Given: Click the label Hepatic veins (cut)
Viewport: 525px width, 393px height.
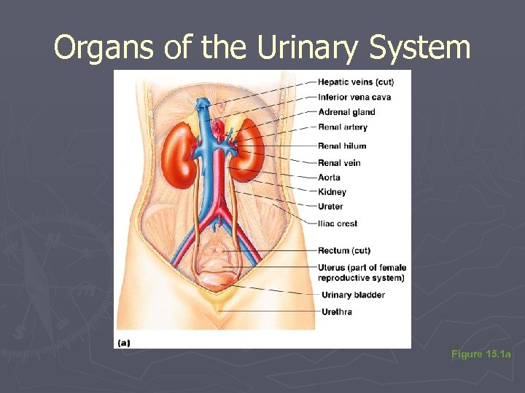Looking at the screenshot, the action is pos(356,81).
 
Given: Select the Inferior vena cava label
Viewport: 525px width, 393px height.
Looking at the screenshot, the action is pos(354,97).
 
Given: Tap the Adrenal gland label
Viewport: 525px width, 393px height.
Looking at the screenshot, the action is pos(346,112).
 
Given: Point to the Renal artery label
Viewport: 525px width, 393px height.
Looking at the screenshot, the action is pos(343,127).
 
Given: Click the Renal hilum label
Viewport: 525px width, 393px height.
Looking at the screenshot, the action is pos(342,146).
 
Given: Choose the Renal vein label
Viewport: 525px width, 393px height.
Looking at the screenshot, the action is pos(339,163).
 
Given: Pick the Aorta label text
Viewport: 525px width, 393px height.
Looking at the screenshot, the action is pos(329,178).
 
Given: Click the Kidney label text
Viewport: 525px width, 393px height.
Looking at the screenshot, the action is pos(332,192).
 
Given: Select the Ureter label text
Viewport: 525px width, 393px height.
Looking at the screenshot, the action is pos(330,207).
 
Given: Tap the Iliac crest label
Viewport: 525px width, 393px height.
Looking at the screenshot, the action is pos(338,223).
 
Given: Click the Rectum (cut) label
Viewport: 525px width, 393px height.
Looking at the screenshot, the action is pos(344,251).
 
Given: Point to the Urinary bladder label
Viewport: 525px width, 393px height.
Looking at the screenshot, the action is pos(353,295).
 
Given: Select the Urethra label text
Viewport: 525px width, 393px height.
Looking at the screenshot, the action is pos(336,312).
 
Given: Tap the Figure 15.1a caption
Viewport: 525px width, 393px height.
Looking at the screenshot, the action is pos(481,354).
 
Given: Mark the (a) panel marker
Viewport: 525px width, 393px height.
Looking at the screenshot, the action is pos(124,341).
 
